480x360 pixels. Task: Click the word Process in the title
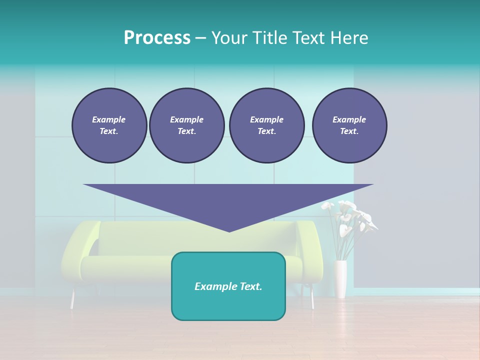click(157, 38)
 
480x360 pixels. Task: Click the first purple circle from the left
click(109, 125)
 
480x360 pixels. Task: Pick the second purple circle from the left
click(187, 125)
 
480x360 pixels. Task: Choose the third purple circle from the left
click(266, 125)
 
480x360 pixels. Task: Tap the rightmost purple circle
click(349, 125)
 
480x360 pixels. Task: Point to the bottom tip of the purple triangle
click(229, 230)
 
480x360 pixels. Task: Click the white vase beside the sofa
click(340, 279)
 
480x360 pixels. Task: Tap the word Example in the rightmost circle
click(349, 119)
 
